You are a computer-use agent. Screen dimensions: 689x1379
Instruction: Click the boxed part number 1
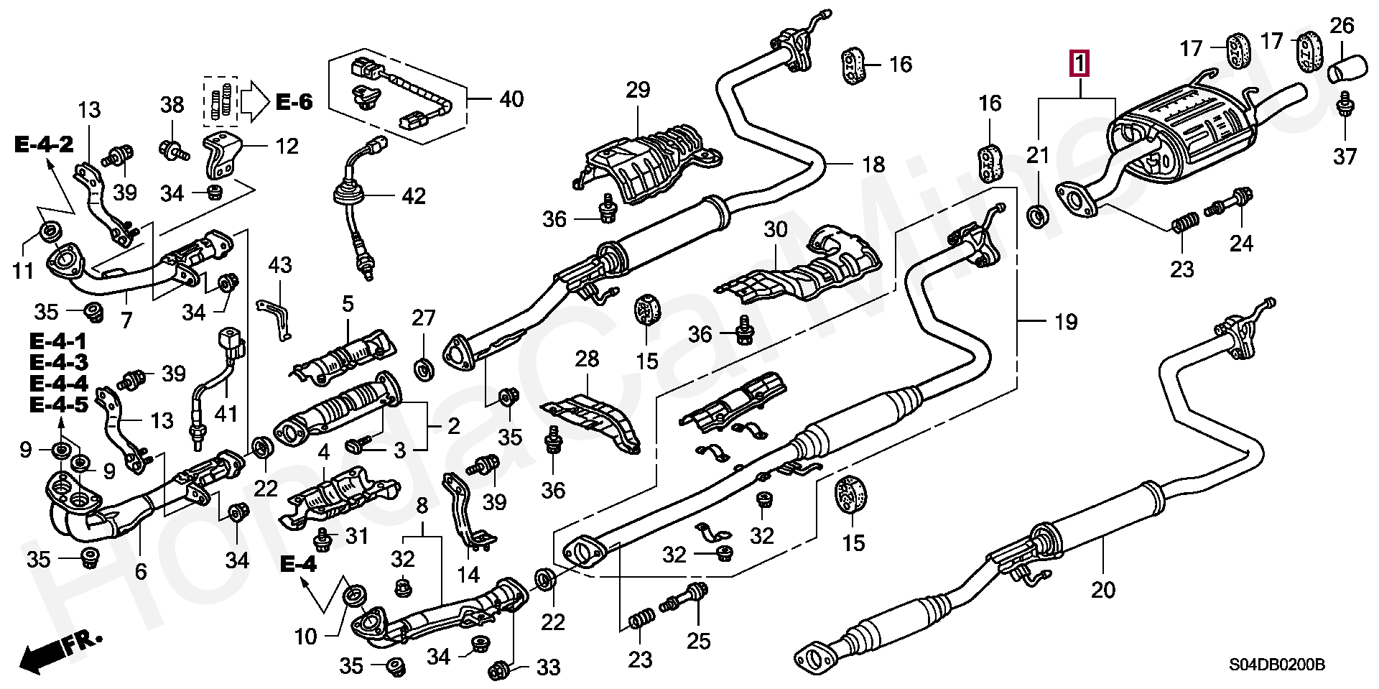1079,64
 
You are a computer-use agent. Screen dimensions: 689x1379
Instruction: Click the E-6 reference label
294,103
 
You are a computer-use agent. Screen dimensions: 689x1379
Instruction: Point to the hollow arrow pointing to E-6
254,101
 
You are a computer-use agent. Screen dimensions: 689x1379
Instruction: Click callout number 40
511,99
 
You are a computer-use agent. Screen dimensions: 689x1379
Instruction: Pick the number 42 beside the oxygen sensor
413,195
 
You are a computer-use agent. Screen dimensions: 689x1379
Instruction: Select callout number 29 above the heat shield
637,90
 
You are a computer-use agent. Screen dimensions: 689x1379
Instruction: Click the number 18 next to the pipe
873,165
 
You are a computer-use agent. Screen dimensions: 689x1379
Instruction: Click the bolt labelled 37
1345,108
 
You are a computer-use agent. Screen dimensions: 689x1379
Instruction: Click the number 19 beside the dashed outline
1065,322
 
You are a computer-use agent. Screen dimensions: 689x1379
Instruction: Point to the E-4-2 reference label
44,145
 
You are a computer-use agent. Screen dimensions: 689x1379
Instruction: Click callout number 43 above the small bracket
279,265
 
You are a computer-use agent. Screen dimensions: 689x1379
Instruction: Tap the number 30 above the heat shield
775,230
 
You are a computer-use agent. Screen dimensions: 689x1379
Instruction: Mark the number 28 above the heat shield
586,359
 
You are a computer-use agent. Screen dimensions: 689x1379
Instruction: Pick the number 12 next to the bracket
287,147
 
